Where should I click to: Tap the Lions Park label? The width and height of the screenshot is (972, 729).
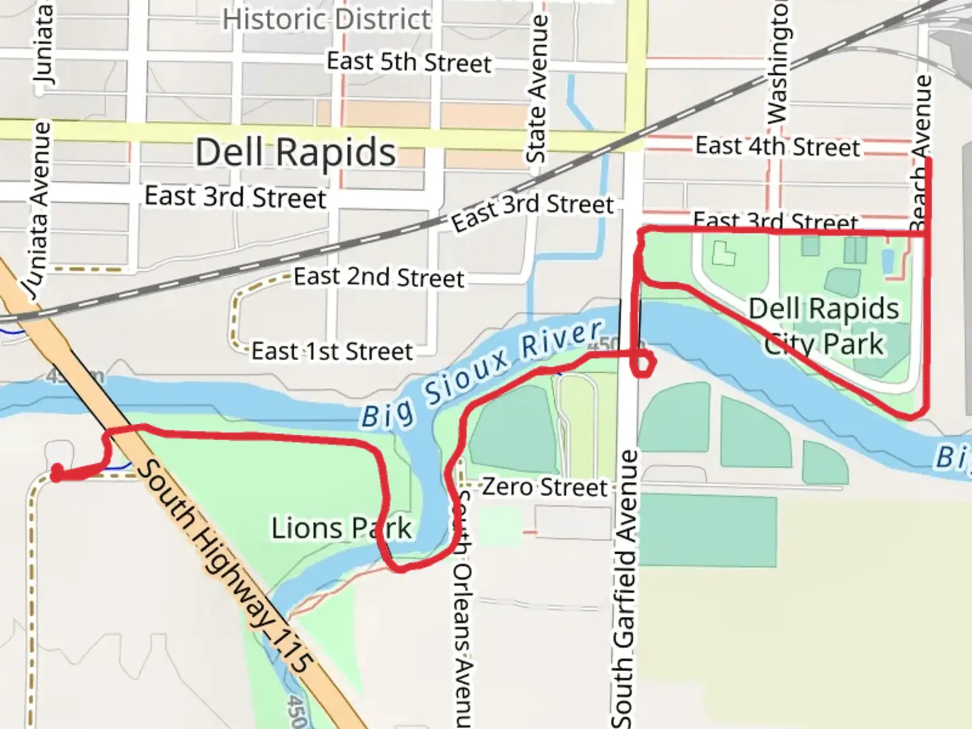click(x=341, y=529)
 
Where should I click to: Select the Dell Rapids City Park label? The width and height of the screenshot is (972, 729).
click(x=824, y=326)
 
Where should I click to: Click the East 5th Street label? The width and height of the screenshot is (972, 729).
click(x=408, y=62)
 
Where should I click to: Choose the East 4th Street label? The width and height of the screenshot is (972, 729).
click(x=778, y=146)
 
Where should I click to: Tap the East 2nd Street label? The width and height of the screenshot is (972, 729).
click(x=379, y=277)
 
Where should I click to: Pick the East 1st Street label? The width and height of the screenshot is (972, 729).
click(x=331, y=351)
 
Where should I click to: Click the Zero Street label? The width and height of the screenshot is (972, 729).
click(x=544, y=487)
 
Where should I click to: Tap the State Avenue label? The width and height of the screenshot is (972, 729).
click(x=537, y=88)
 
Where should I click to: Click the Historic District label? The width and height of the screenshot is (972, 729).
click(x=327, y=19)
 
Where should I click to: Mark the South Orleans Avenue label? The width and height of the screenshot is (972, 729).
click(x=462, y=607)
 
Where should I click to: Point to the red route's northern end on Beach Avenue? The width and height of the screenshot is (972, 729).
click(x=929, y=161)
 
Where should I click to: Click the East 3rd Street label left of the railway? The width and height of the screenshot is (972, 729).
click(x=235, y=197)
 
